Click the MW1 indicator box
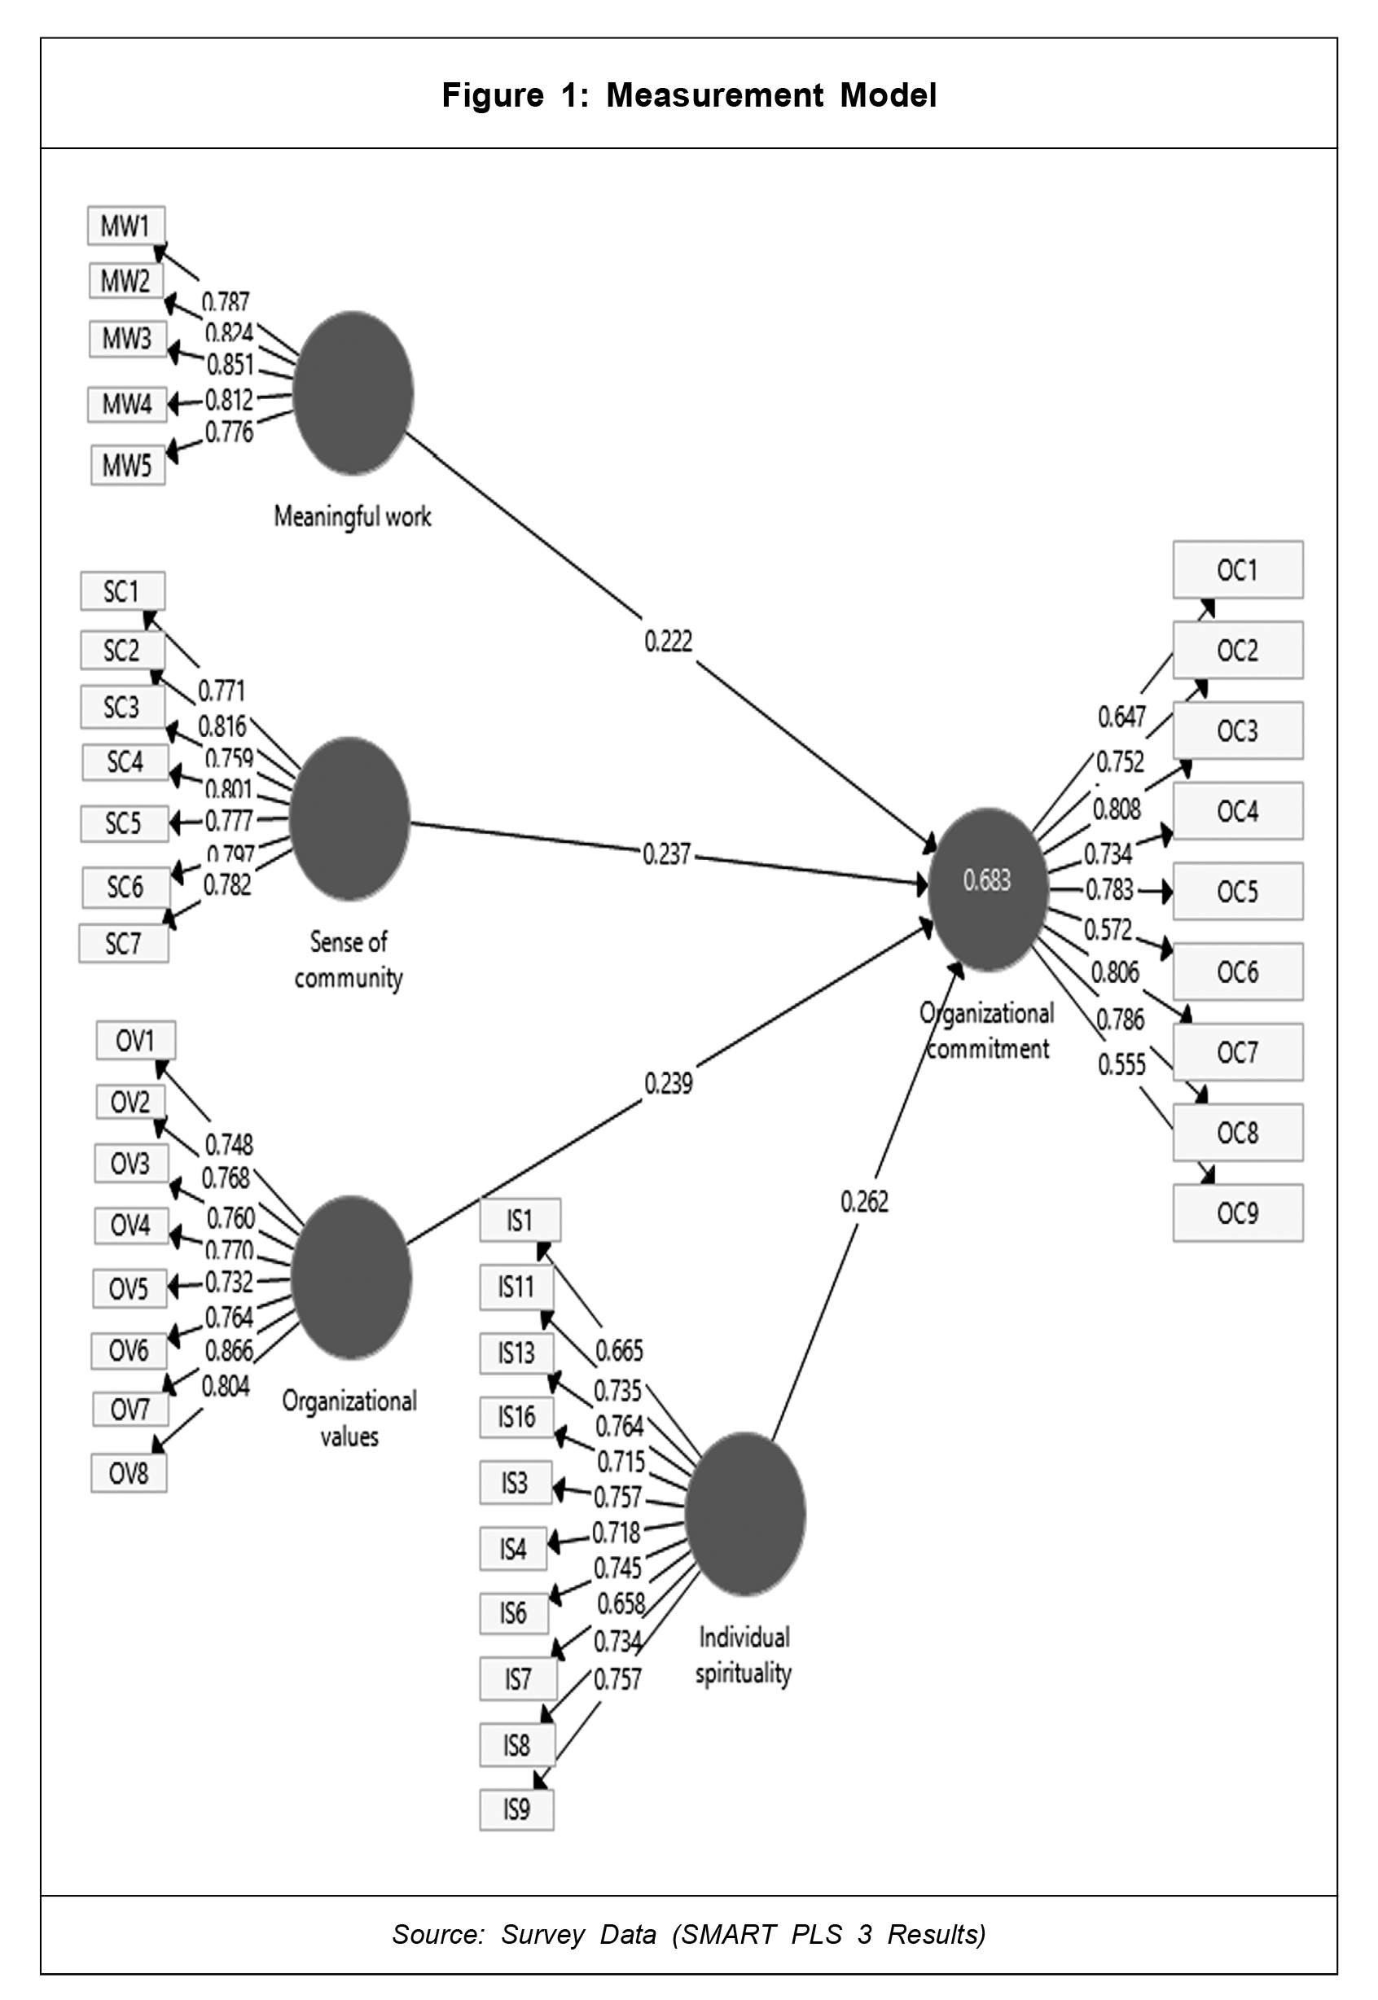126,226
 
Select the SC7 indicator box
124,944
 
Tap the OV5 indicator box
129,1289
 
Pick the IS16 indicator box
516,1416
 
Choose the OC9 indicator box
1237,1213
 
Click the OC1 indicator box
1237,571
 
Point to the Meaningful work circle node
353,393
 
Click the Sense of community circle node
349,818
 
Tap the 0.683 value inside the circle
987,881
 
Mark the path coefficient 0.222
669,641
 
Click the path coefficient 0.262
864,1202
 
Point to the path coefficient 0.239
669,1083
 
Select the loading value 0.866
229,1350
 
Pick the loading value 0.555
1121,1065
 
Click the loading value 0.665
619,1351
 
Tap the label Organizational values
349,1419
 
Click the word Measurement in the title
714,95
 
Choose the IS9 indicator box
516,1809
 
